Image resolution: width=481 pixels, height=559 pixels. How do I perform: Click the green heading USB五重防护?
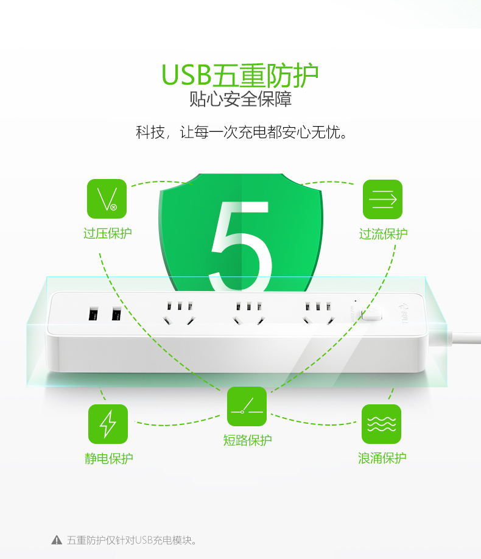240,76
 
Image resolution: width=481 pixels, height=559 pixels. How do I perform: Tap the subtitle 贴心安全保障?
240,99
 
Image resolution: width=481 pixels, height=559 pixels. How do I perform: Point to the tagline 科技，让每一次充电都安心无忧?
241,132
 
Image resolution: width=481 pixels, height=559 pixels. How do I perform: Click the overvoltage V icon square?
107,199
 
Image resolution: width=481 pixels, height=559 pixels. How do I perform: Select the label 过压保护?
108,233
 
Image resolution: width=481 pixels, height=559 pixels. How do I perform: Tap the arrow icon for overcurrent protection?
382,199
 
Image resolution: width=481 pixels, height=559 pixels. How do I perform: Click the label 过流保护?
384,234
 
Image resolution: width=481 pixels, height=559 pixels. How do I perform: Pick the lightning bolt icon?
108,424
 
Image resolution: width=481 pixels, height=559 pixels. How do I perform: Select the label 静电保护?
109,459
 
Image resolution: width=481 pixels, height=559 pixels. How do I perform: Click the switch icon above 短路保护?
247,406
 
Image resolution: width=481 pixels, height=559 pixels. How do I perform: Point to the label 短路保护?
247,440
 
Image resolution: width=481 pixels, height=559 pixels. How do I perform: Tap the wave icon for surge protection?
382,424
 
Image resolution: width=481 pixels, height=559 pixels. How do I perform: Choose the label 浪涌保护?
382,458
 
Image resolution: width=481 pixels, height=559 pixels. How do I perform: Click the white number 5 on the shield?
240,246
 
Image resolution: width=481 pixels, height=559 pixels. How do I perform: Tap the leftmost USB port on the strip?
93,314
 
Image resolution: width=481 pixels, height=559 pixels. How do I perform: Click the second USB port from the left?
116,314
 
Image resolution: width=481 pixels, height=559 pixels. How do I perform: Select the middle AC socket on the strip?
249,313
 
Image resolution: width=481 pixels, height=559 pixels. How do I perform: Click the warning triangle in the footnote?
57,540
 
